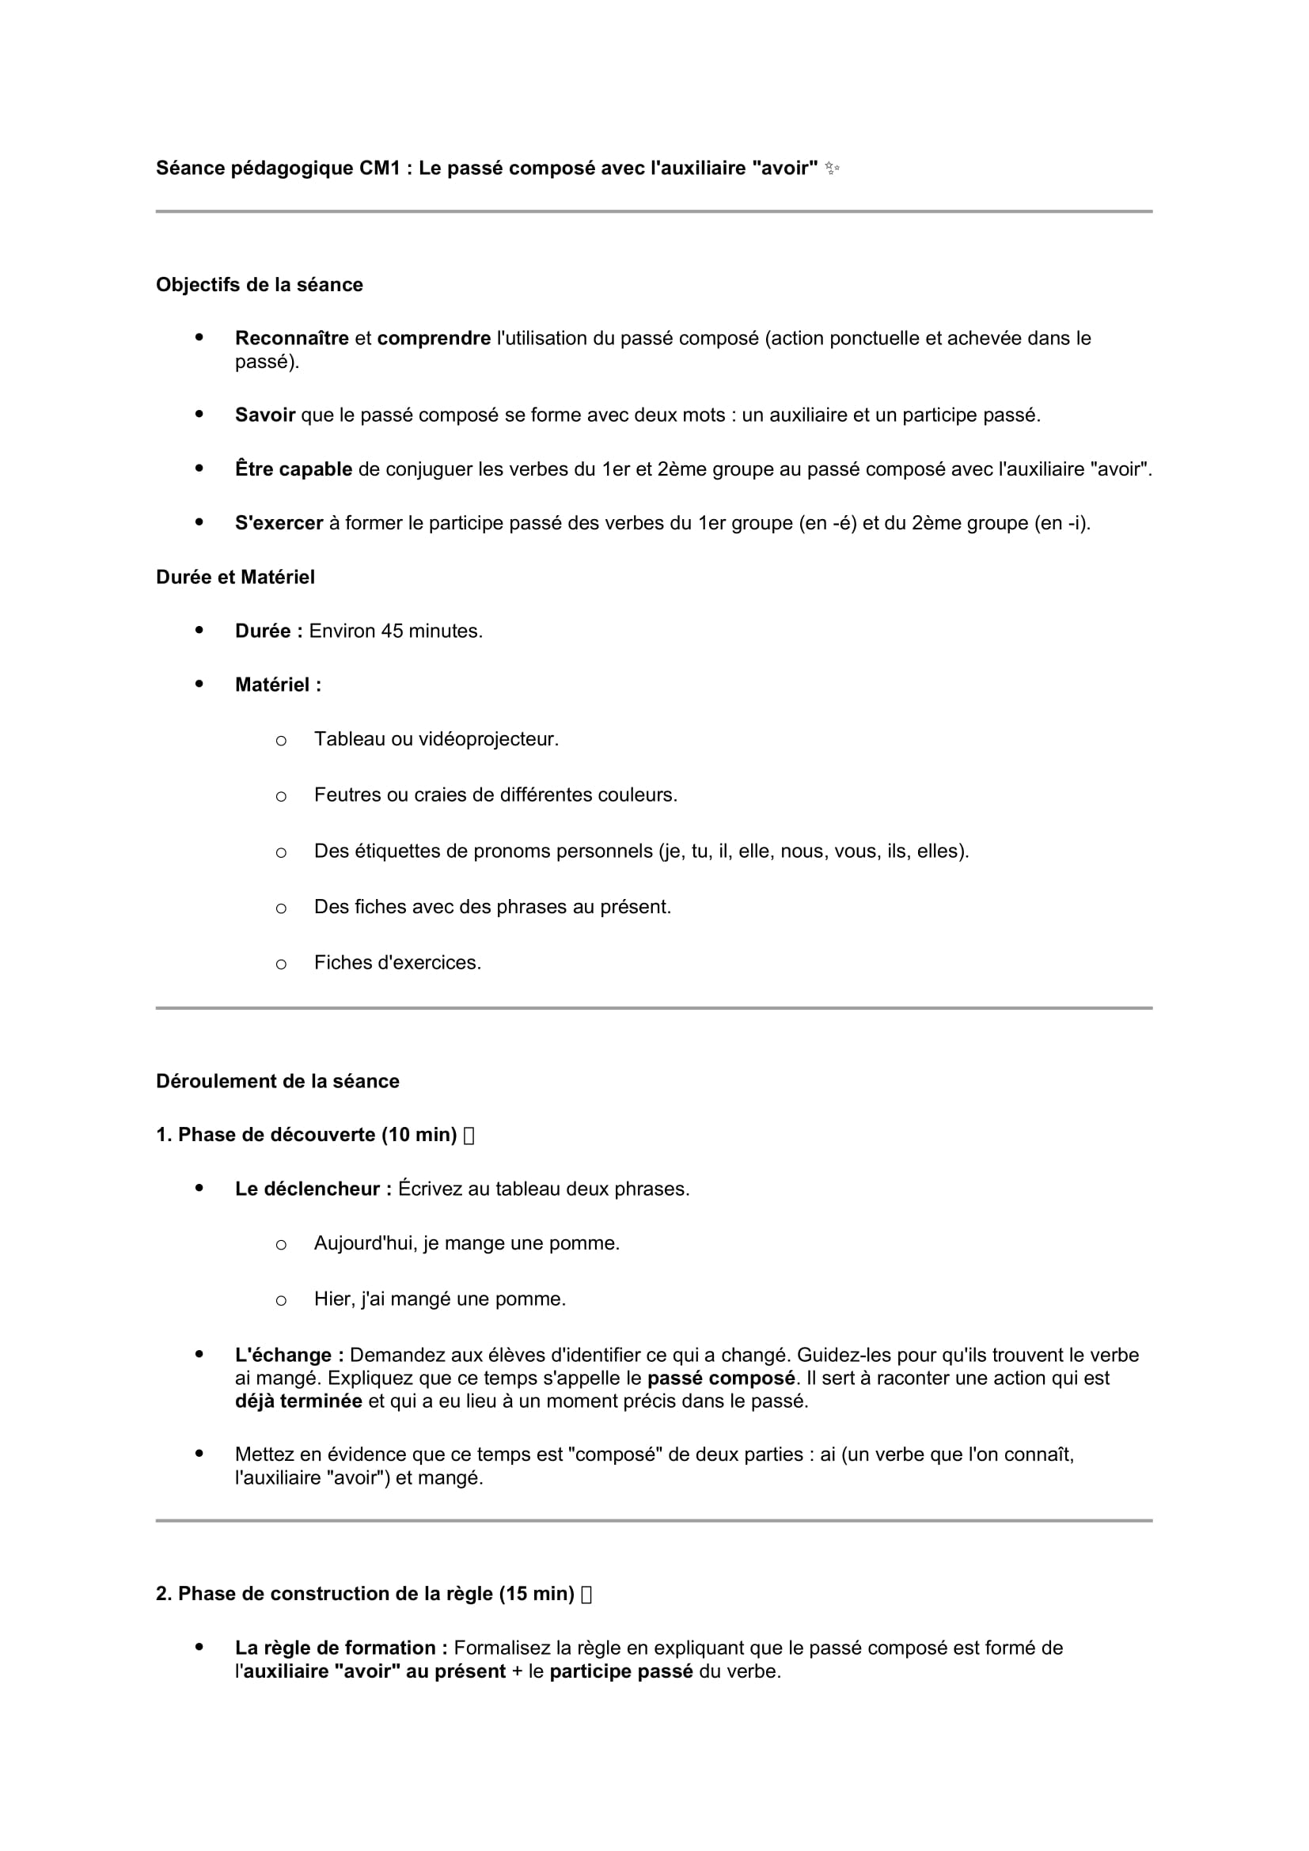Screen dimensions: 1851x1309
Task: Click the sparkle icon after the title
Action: click(x=832, y=169)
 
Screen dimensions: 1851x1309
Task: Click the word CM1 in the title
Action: click(x=380, y=169)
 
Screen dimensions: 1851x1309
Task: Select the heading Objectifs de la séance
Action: click(x=259, y=285)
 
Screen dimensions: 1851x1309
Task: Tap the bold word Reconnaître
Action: click(x=291, y=339)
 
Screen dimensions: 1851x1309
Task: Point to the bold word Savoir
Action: click(x=264, y=415)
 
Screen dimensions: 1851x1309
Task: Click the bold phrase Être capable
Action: click(x=294, y=469)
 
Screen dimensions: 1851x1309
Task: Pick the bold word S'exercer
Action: click(x=278, y=523)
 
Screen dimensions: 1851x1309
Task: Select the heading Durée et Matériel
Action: click(x=234, y=577)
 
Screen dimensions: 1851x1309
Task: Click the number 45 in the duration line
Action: click(x=392, y=632)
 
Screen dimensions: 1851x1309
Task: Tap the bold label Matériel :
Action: click(x=277, y=685)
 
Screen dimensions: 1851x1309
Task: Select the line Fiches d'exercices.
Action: click(x=396, y=962)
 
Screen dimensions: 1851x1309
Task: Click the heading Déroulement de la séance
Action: click(x=277, y=1081)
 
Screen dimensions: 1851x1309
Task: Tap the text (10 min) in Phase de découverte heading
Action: click(x=419, y=1135)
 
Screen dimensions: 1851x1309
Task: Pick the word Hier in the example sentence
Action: click(x=332, y=1299)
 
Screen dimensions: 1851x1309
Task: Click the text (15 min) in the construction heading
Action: click(x=536, y=1594)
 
